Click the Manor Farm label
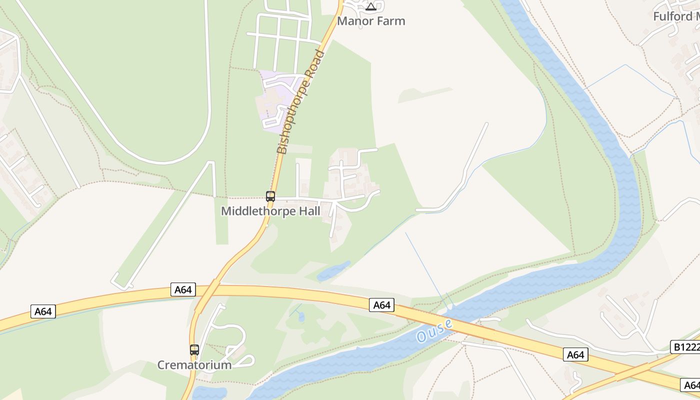point(371,21)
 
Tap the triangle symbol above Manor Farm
point(370,6)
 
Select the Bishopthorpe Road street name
point(300,102)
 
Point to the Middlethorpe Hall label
point(270,211)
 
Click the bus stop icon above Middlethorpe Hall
point(270,196)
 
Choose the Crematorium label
point(194,365)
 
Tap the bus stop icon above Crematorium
point(194,350)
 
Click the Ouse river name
point(434,330)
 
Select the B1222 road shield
point(684,346)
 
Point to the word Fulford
point(672,16)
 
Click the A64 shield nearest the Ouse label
point(381,305)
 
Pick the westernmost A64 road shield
point(43,311)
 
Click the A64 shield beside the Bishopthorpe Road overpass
point(183,289)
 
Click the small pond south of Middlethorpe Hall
point(333,270)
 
